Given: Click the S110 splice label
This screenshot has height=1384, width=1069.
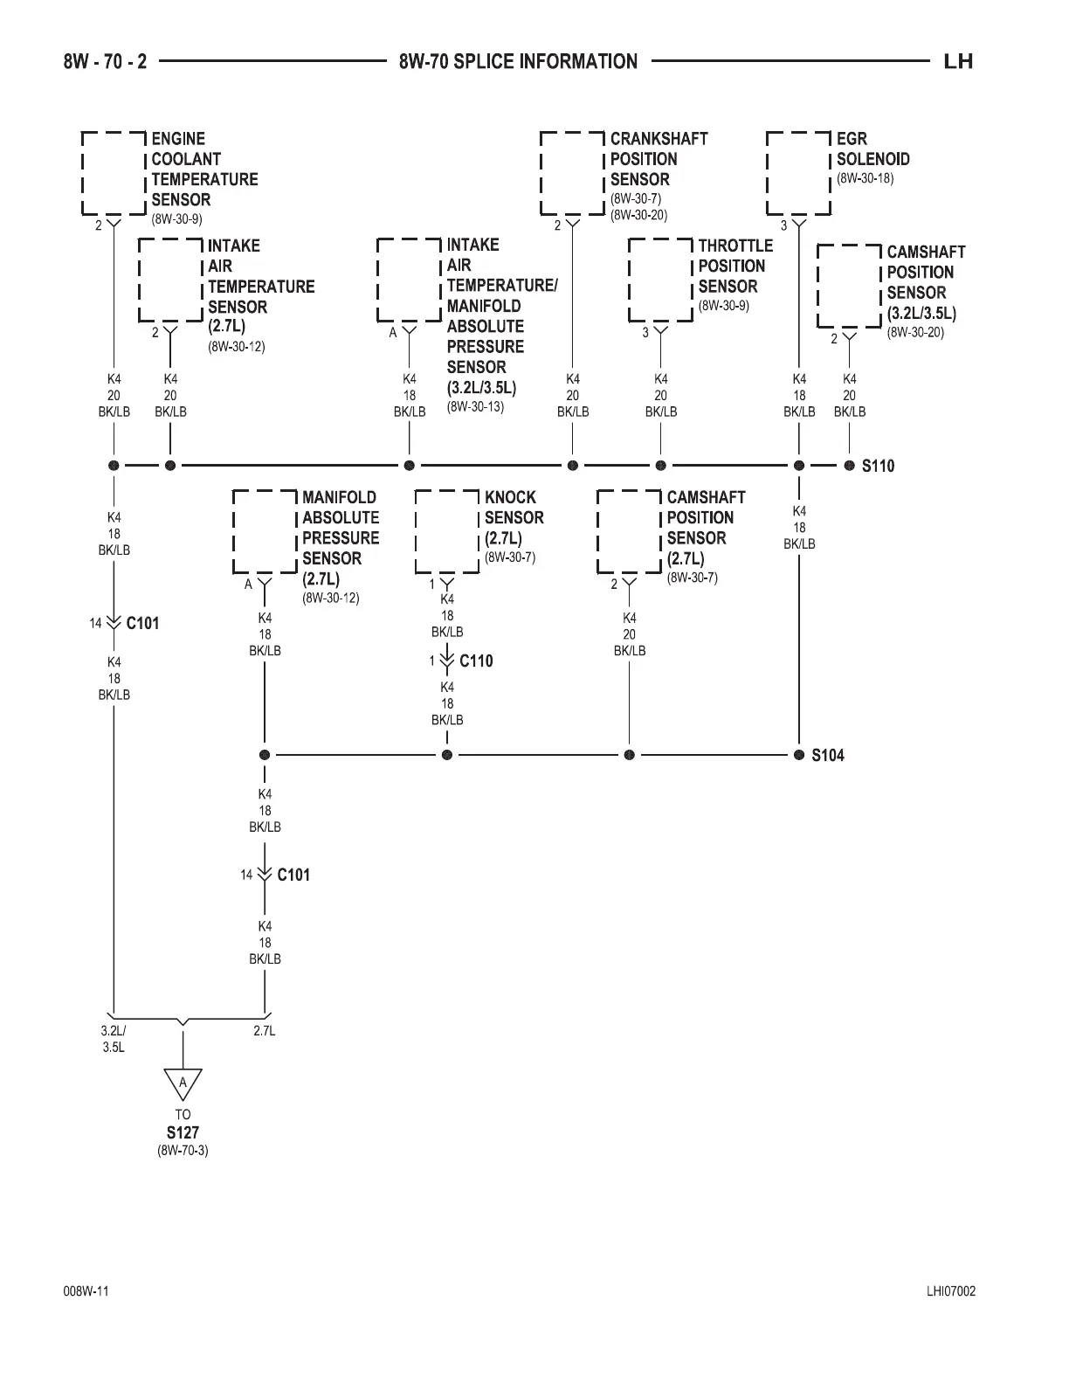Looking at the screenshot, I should point(878,466).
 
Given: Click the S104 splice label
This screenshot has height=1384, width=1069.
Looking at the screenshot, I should point(827,755).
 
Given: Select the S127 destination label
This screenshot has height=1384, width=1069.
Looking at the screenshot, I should point(183,1132).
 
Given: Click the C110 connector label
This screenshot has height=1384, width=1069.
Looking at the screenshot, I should point(476,661).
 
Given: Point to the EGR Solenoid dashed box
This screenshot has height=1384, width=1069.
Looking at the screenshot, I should point(798,173).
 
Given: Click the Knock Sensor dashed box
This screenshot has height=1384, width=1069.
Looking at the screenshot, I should point(447,531).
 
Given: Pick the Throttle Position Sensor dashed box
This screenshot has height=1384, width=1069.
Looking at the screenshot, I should point(660,280).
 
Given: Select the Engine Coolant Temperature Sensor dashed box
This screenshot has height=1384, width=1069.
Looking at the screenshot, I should point(114,173).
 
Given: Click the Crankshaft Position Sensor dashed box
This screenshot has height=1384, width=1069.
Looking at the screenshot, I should point(572,173).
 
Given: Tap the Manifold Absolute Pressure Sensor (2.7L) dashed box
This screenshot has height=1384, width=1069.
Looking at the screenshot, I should point(265,531).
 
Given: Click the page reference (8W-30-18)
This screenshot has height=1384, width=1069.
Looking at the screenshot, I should point(865,178).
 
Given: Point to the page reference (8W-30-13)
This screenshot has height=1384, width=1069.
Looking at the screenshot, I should point(475,406).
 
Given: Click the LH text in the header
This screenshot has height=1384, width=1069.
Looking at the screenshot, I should point(958,61).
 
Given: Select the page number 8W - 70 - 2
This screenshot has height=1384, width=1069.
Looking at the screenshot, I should point(106,61).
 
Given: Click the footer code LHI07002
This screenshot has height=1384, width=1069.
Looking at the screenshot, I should point(951,1292).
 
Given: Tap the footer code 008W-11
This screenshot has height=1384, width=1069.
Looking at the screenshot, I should point(86,1292).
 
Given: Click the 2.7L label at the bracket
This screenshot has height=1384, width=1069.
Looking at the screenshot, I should point(265,1031).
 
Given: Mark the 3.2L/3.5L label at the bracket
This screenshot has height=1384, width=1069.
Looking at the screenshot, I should point(114,1038).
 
